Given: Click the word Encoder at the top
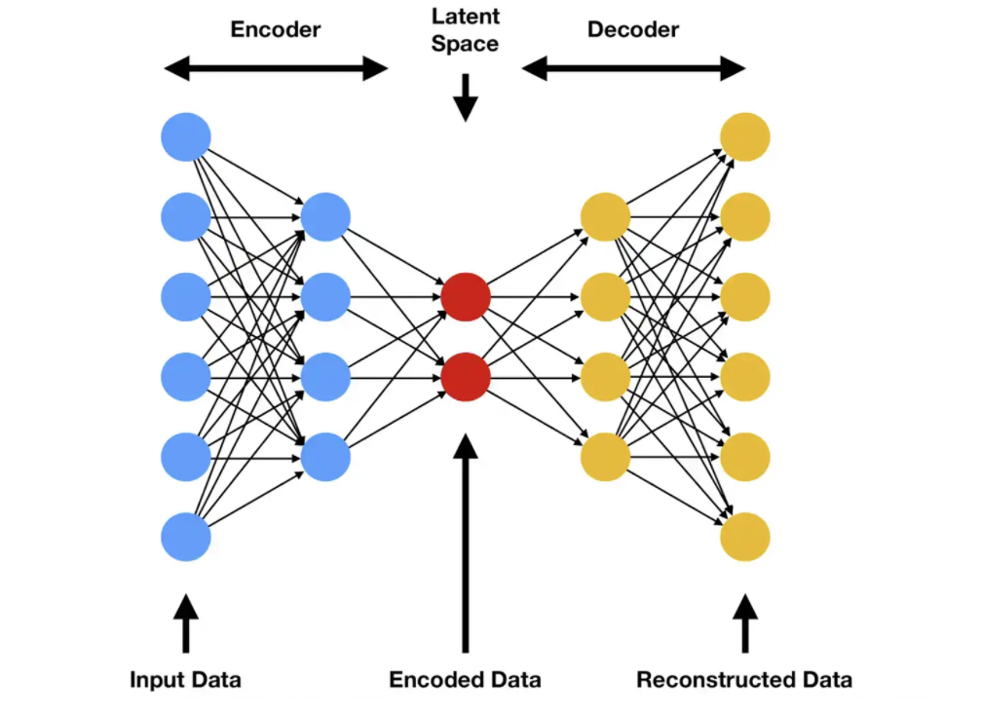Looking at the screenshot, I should tap(276, 30).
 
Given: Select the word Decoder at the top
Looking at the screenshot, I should tap(632, 30).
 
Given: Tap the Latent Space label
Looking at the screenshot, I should tap(465, 31).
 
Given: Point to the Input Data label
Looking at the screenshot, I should tap(185, 679).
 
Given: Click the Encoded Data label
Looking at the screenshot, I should tap(465, 679).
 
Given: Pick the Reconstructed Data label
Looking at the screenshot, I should tap(744, 679).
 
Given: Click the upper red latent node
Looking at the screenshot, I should tap(465, 297).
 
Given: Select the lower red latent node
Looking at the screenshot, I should tap(465, 376).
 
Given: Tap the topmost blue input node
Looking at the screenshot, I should tap(186, 137).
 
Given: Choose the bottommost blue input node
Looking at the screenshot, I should tap(186, 537).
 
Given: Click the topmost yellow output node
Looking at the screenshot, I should tap(745, 137).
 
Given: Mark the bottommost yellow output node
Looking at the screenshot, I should tap(745, 537).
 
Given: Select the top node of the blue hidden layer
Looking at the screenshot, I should tap(325, 217).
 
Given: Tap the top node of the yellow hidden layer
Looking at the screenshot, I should tap(605, 217).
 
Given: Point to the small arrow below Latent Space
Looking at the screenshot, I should tap(466, 97).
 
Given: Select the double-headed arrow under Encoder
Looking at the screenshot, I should tap(276, 68).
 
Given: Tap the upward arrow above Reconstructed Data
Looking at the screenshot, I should tap(745, 623).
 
